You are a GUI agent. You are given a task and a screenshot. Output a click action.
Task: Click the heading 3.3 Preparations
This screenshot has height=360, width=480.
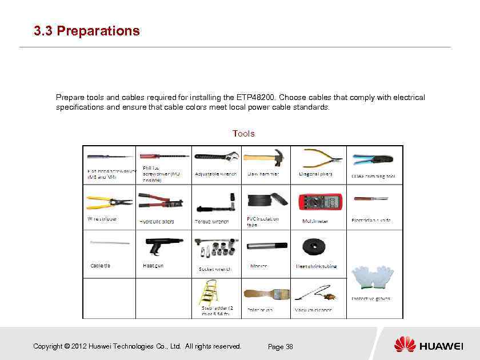(x=87, y=31)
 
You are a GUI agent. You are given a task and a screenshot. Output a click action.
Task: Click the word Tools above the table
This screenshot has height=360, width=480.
(x=243, y=134)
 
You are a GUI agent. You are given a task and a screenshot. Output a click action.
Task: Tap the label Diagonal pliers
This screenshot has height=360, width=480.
(x=315, y=174)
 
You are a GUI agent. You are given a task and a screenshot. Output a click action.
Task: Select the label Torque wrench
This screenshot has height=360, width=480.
(x=211, y=222)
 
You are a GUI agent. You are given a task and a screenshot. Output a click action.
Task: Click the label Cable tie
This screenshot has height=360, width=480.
(x=101, y=266)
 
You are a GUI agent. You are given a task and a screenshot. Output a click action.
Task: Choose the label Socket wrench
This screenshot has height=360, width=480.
(x=215, y=269)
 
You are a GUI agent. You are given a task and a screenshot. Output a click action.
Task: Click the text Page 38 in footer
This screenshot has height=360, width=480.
(x=281, y=347)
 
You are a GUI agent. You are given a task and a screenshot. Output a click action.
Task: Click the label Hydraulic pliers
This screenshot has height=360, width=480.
(x=157, y=222)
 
